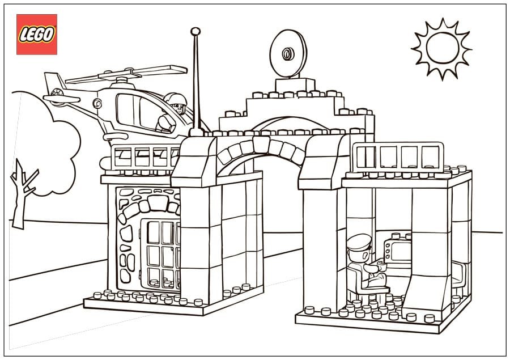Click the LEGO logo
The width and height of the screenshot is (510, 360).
37,35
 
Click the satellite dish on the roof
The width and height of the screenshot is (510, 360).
288,54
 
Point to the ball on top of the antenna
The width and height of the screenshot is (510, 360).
195,31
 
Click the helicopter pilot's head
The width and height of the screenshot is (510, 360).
176,103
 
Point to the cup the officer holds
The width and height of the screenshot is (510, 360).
382,264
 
